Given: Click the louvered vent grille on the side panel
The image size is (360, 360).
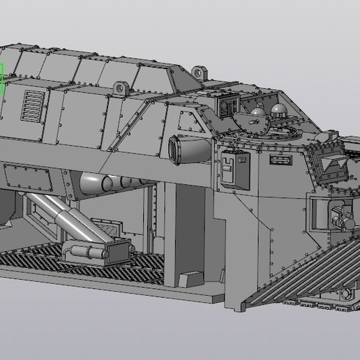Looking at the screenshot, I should coord(31,106).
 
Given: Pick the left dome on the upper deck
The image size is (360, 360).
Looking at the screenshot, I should coord(259,112).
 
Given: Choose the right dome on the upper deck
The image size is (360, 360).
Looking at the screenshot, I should coord(279,110).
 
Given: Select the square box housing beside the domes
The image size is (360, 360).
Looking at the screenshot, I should coord(227,106).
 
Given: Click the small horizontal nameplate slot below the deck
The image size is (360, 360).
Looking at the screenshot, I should coord(279,160).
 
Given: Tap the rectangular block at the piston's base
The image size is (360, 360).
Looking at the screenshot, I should coord(98,250).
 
